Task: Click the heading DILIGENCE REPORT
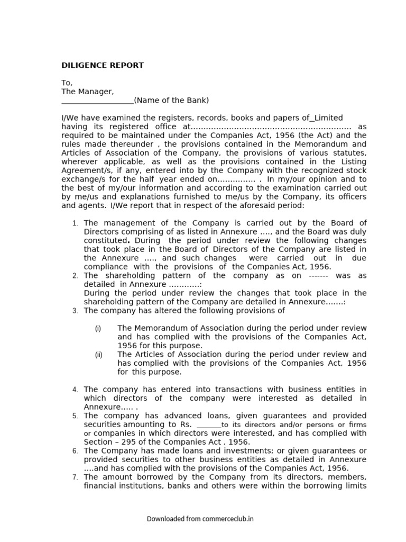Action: [x=102, y=66]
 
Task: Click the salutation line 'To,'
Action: [x=67, y=83]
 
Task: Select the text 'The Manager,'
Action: [x=87, y=92]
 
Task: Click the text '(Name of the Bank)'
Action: [x=171, y=101]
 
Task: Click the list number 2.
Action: [x=76, y=276]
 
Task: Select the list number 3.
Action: [x=76, y=311]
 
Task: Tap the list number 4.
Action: [x=76, y=390]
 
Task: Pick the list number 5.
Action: [x=76, y=417]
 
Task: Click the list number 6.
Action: [x=76, y=451]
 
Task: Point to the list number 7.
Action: [x=76, y=477]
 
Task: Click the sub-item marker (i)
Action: [x=98, y=329]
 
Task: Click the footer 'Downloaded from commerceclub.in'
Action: [x=200, y=519]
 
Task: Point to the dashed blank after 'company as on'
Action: [x=318, y=276]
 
